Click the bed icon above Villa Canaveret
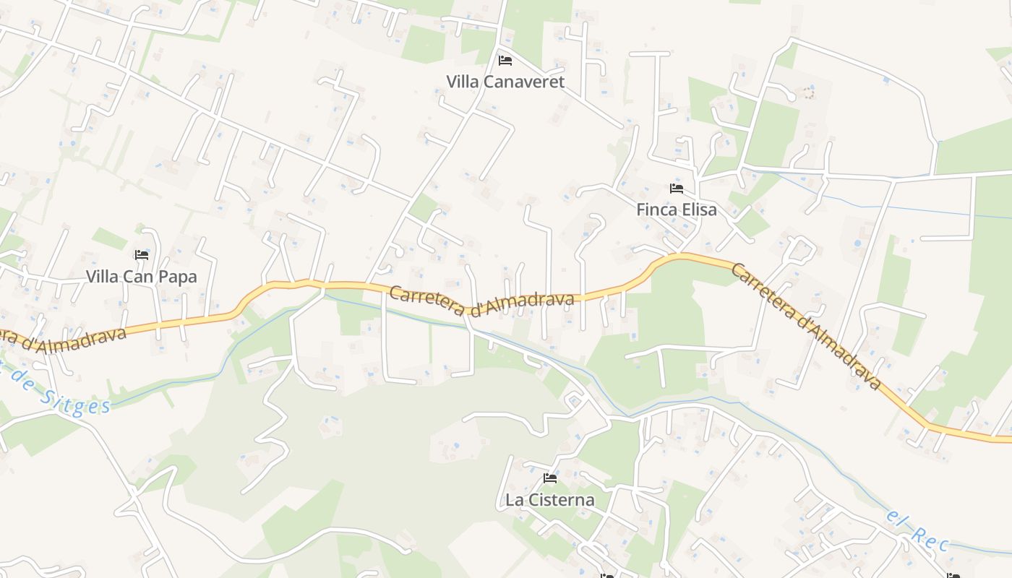505,60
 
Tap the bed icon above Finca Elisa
677,189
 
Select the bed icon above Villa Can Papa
142,254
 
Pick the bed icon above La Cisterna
550,478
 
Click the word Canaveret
523,82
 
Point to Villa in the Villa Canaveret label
462,82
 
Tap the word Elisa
698,210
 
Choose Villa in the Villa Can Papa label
102,276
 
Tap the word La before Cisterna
514,499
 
